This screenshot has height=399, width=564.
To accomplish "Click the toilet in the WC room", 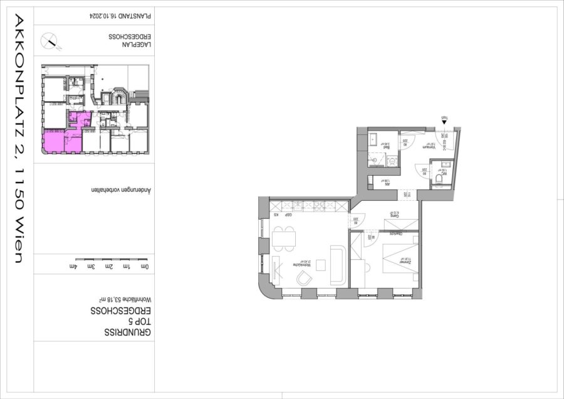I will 439,179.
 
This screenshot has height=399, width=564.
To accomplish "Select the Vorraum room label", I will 430,146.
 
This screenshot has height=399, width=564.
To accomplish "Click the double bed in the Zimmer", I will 399,257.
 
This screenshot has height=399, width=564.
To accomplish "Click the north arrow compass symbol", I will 50,41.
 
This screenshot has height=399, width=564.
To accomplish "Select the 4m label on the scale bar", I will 76,267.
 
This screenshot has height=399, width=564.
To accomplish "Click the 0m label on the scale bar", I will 145,267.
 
